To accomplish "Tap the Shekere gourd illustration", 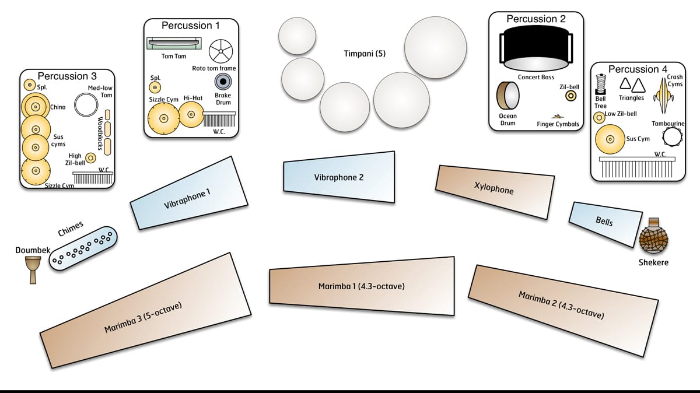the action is [653, 237].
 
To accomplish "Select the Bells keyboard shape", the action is [605, 224].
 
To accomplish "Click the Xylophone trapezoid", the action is [495, 192].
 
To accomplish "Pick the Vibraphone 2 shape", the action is [339, 177].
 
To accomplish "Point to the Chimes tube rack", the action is [83, 248].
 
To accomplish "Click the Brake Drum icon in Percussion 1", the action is [223, 82].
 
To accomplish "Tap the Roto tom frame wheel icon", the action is [221, 51].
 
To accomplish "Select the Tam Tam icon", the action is [174, 43].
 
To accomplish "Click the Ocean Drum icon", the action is [508, 96].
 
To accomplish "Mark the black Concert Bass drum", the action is [536, 48].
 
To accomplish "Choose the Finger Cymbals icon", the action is [557, 117].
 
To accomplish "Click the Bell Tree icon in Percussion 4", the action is [601, 85].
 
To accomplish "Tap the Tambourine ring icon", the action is [672, 137].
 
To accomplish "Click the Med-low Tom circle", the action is [86, 104].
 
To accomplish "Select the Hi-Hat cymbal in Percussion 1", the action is [191, 115].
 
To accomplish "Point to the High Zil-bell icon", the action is [90, 158].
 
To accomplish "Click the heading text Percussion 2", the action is [536, 19].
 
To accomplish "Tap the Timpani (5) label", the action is [365, 54].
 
